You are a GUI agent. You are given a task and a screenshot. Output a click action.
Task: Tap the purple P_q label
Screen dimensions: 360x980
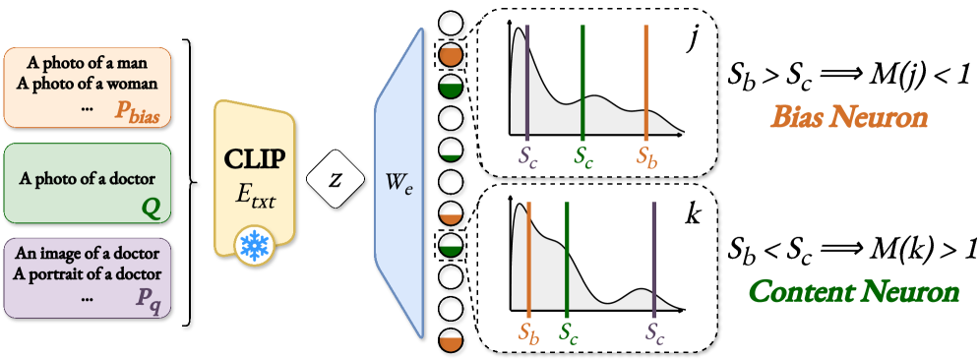[x=148, y=298]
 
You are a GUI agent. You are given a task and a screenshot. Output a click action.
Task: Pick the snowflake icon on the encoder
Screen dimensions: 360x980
[x=254, y=246]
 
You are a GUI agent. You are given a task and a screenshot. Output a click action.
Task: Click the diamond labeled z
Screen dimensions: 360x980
[x=336, y=180]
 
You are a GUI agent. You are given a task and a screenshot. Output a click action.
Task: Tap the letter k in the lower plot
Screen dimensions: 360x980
[x=693, y=213]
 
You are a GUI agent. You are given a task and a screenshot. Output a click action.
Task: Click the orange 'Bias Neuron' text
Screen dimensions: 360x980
[x=849, y=118]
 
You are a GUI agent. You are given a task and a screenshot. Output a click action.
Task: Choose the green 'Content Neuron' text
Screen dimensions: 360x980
[x=854, y=291]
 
